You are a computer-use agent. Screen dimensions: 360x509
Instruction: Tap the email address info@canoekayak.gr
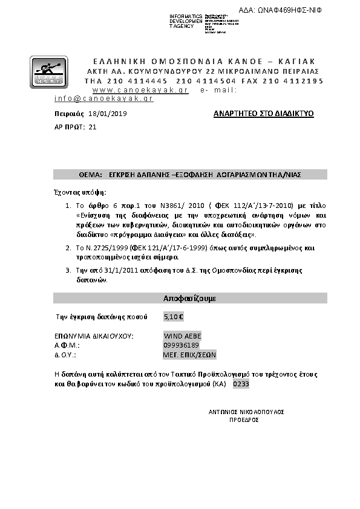click(x=103, y=98)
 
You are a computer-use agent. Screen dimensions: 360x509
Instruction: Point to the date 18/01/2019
click(x=108, y=114)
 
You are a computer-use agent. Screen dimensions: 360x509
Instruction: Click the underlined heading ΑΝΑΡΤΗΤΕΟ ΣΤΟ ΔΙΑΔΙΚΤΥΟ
click(x=264, y=114)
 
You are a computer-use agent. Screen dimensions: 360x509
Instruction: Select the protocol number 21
click(x=92, y=127)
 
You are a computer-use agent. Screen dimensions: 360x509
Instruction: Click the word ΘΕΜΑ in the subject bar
click(x=89, y=174)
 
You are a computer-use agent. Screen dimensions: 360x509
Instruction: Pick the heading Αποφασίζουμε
click(x=190, y=299)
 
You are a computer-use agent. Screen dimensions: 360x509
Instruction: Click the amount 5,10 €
click(x=174, y=316)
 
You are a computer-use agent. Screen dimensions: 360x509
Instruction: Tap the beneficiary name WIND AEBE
click(x=183, y=336)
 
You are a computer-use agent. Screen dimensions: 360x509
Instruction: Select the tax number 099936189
click(x=182, y=345)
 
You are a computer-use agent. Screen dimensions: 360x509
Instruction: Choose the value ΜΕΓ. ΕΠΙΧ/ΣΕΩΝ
click(x=189, y=354)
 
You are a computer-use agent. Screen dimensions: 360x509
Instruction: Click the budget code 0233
click(x=241, y=384)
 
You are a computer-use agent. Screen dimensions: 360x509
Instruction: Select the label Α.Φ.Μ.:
click(x=64, y=345)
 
